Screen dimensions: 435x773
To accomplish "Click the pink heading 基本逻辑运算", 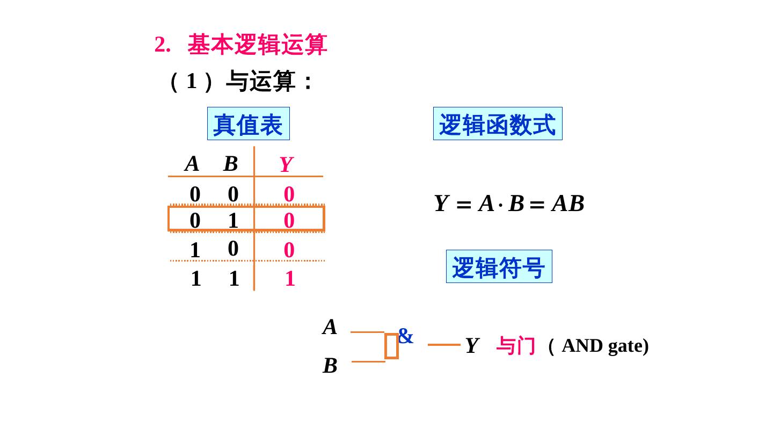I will point(257,45).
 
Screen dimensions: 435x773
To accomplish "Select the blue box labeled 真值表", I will point(249,124).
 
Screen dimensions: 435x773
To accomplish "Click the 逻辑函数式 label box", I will point(498,124).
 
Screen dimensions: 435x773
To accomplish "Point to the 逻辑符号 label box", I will point(499,267).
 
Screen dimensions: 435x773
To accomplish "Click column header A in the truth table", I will point(192,164).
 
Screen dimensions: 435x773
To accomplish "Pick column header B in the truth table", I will point(230,164).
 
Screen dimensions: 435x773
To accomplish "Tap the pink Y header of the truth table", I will point(286,164).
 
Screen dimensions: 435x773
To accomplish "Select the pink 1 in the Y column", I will point(290,279).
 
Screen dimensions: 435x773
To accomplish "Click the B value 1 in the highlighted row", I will point(233,220).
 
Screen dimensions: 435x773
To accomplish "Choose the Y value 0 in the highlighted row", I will point(289,220).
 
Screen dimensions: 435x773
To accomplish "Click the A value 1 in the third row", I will point(195,250).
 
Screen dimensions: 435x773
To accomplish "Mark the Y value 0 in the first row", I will point(289,194).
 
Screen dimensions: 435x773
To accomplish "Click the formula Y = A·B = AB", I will point(509,204).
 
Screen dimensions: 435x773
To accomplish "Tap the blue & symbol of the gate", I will point(406,337).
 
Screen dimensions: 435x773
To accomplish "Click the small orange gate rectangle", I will point(391,346).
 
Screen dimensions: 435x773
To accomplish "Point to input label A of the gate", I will point(330,327).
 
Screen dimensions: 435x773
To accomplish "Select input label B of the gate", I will point(330,366).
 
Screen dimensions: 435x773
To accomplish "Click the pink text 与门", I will point(515,346).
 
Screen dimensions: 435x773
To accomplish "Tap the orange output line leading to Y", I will point(444,345).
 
